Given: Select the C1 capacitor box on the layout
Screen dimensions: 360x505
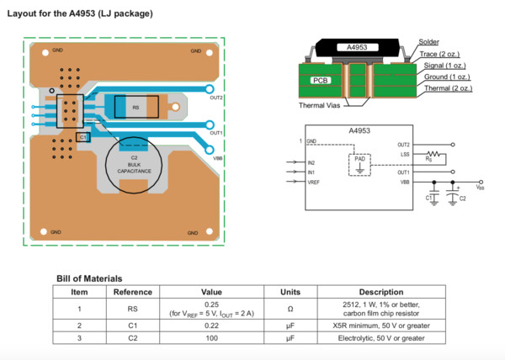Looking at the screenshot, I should [82, 136].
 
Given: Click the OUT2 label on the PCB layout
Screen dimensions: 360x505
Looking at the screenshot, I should [216, 98].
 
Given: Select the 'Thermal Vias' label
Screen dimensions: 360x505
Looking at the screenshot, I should [321, 105].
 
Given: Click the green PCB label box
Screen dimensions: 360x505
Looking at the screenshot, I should [321, 81].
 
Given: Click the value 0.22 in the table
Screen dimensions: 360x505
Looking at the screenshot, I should [211, 325].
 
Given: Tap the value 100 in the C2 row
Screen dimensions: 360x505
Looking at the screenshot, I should [211, 338].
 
